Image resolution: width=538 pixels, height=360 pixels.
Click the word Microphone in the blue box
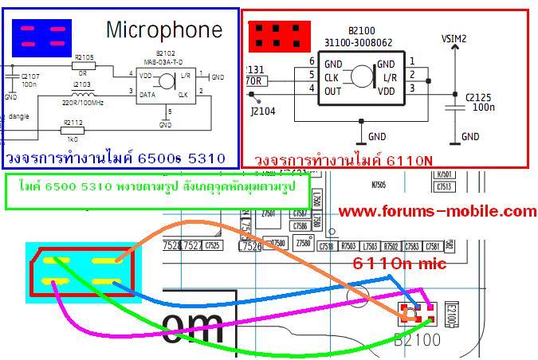[163, 30]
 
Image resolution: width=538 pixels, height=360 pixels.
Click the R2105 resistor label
[83, 57]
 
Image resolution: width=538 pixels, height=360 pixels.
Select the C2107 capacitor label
[29, 76]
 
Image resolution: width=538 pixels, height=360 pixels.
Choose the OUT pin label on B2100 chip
[333, 91]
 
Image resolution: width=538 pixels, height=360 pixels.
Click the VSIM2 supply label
[454, 38]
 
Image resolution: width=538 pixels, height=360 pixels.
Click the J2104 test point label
[263, 112]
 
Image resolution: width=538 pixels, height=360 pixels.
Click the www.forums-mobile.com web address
[437, 211]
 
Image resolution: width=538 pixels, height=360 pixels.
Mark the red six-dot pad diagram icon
[278, 34]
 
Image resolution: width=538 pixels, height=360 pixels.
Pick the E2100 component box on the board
[451, 315]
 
